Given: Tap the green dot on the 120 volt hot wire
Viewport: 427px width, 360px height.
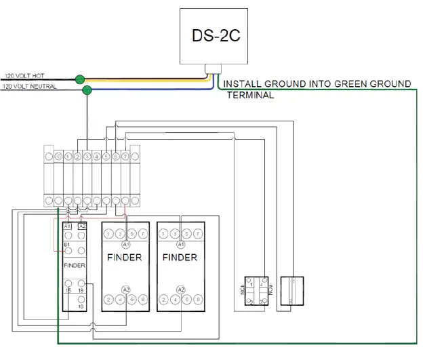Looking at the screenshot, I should [80, 79].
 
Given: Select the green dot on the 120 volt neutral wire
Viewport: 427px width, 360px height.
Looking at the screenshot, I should [87, 89].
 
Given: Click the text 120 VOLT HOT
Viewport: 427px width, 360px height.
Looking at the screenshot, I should [25, 76].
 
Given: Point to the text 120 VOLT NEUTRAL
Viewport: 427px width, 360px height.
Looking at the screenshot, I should [30, 87].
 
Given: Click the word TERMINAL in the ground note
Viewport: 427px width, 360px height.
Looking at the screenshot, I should [251, 96].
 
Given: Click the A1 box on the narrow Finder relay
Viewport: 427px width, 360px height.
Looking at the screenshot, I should [68, 226].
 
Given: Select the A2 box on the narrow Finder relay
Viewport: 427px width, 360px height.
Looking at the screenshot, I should [83, 226].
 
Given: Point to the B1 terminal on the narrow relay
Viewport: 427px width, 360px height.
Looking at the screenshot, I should [68, 243].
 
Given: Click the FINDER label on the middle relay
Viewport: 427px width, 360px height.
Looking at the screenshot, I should [125, 258].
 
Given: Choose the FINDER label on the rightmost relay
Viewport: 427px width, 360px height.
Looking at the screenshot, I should [180, 258].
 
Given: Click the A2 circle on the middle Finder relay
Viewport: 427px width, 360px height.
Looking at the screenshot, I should [125, 289].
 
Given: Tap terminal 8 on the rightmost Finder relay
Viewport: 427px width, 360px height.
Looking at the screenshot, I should [197, 299].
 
